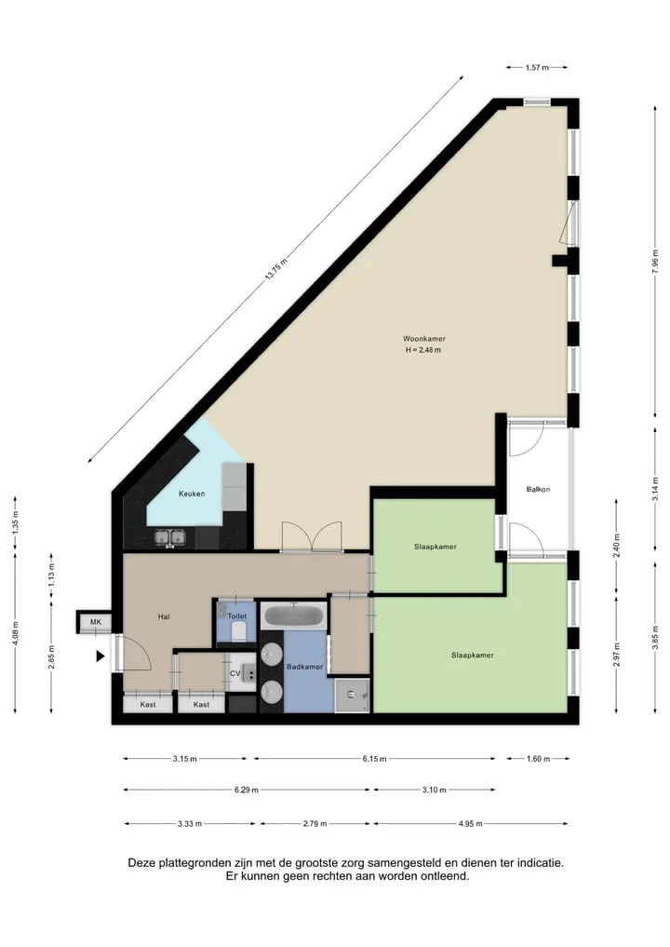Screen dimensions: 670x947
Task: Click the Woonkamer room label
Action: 423,339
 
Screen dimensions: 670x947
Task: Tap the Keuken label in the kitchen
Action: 192,494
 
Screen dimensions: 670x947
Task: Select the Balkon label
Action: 538,489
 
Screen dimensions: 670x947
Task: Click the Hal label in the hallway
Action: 164,616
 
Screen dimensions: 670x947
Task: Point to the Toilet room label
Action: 236,616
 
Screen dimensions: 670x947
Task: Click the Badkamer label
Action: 304,667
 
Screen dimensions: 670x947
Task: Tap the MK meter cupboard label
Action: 96,622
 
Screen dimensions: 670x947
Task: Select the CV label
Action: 234,673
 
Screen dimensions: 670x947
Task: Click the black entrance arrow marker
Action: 100,656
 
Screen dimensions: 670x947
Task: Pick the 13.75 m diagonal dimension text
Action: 275,268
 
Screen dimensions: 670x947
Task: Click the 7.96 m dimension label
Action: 655,262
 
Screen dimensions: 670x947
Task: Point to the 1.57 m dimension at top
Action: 537,68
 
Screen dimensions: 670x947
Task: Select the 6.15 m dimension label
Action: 374,759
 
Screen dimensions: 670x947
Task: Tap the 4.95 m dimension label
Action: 470,823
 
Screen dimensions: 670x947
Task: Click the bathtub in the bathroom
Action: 294,616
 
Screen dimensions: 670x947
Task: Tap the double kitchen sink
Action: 169,537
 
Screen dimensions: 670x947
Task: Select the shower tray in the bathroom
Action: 353,696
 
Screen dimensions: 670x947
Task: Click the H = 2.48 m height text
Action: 422,350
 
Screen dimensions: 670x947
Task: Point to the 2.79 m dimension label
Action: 315,823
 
